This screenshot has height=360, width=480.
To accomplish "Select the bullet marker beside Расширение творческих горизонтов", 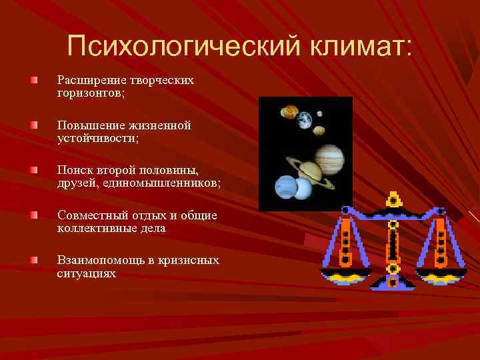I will [x=33, y=80].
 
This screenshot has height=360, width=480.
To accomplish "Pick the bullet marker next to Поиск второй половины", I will [x=33, y=171].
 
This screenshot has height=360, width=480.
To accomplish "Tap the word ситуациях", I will [x=86, y=273].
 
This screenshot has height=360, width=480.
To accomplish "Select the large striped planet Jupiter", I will [x=328, y=159].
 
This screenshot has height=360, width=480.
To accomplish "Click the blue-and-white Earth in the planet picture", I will [x=304, y=120].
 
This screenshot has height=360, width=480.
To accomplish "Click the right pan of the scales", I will [x=439, y=275].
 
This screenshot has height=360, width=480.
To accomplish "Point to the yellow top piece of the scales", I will [x=393, y=199].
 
